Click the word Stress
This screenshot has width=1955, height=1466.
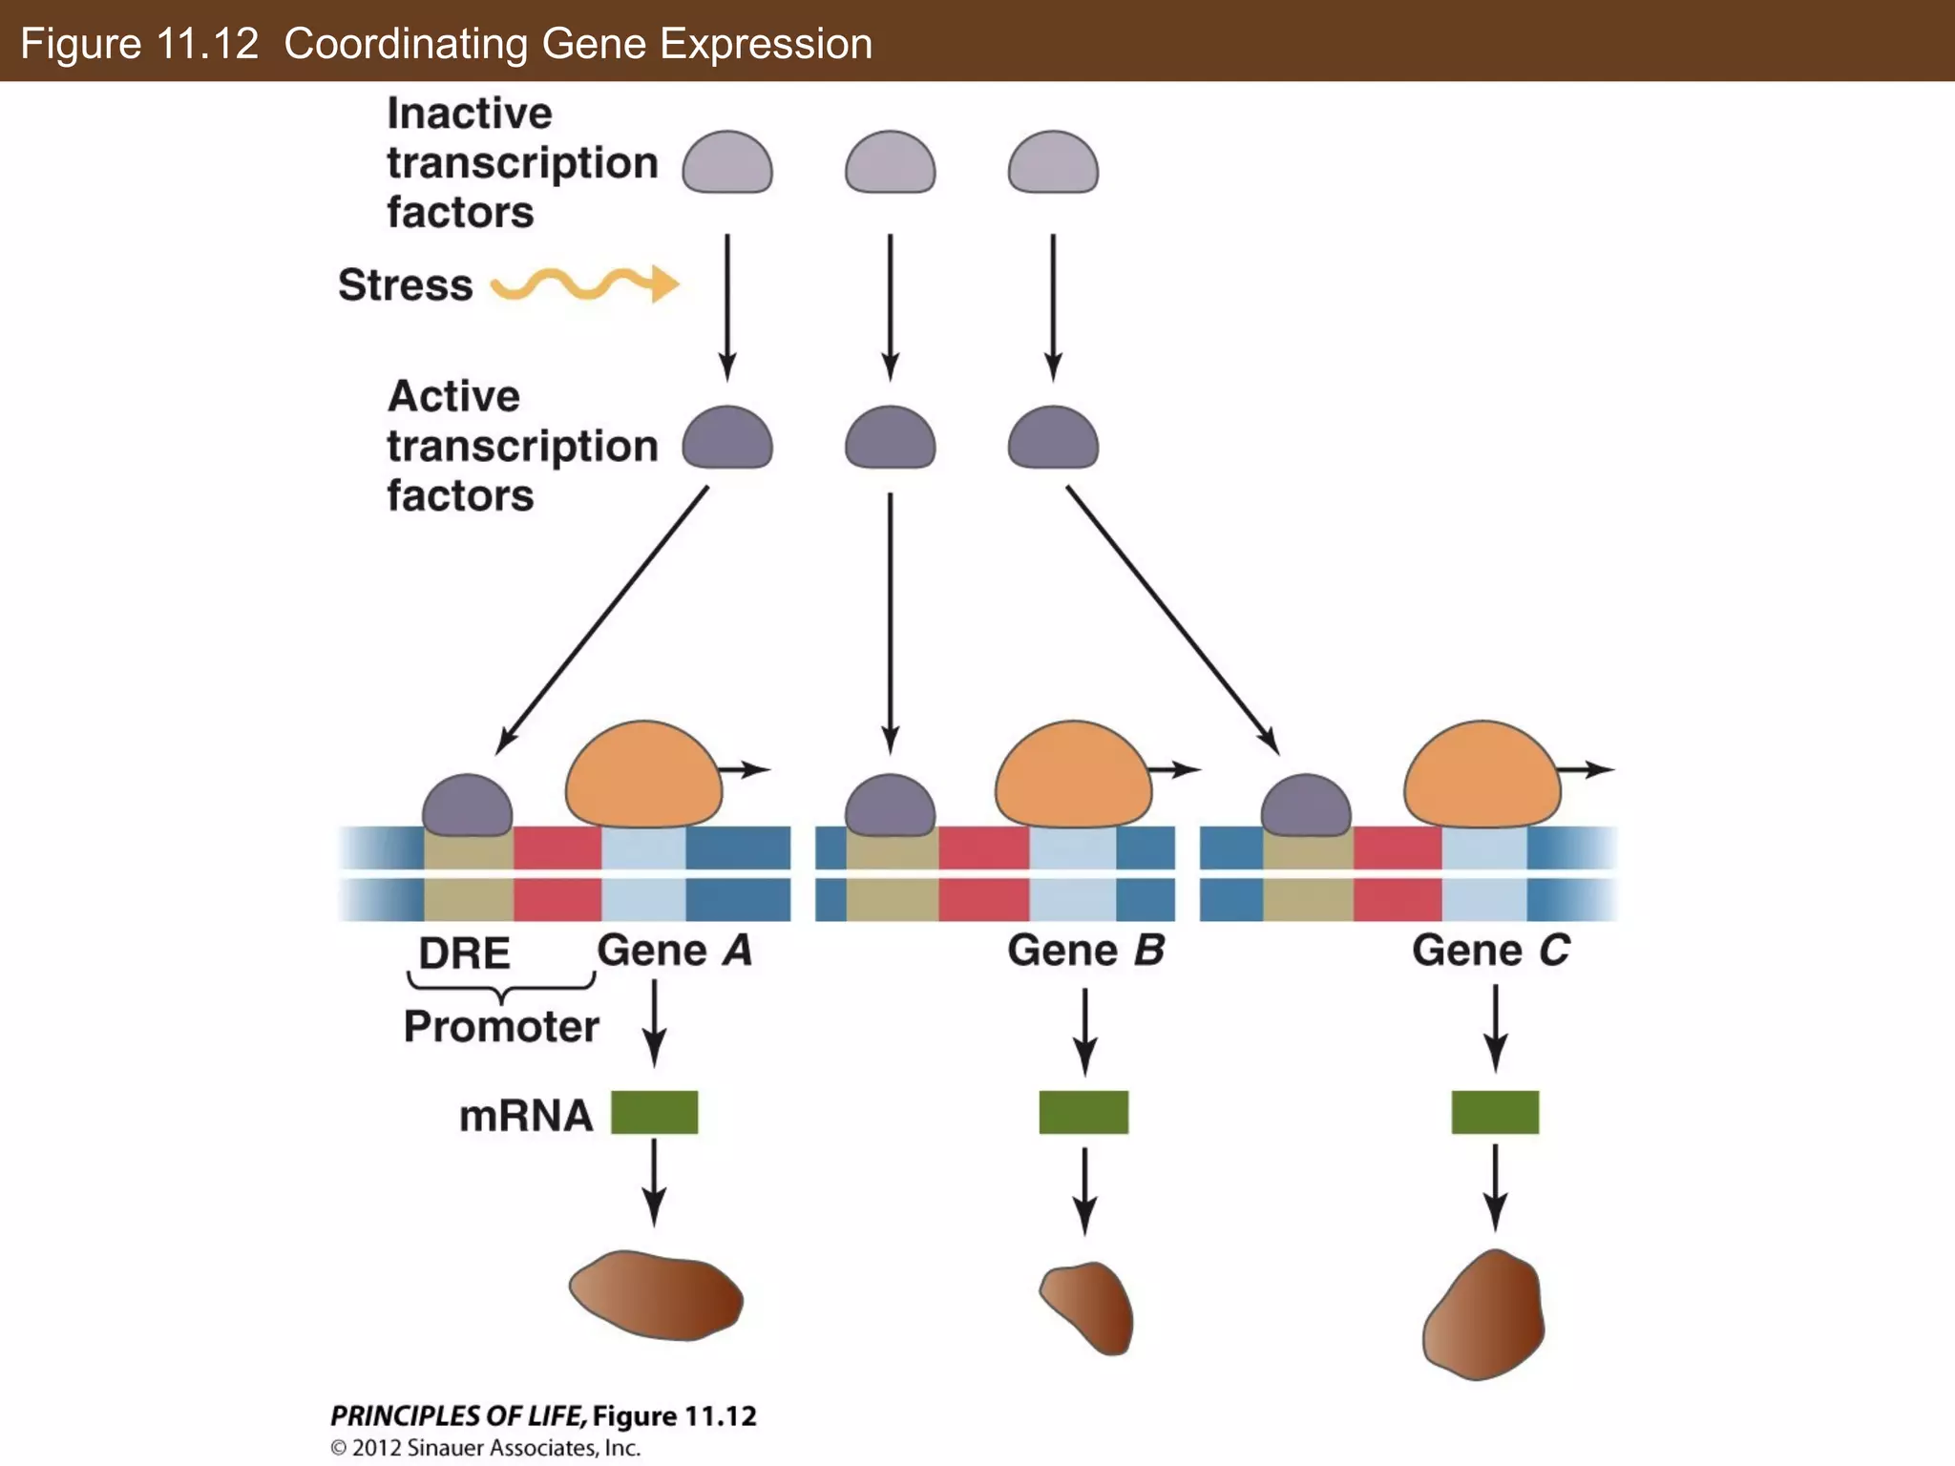click(x=406, y=284)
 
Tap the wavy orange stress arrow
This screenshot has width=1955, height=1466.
click(x=582, y=283)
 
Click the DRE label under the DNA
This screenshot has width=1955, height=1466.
click(x=464, y=953)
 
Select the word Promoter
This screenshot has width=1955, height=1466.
click(x=501, y=1027)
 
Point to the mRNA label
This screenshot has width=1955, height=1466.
click(x=525, y=1115)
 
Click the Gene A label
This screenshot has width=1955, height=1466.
click(x=674, y=951)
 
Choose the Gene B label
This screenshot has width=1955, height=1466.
click(x=1085, y=951)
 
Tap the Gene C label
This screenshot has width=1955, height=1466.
click(x=1490, y=951)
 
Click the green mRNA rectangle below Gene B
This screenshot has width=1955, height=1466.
click(x=1083, y=1112)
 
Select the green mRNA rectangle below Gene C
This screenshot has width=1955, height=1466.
click(x=1495, y=1112)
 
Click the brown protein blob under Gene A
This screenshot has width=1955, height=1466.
click(x=657, y=1295)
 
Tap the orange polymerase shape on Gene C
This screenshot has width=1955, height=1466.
click(x=1482, y=775)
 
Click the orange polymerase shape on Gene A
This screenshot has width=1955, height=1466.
click(x=643, y=775)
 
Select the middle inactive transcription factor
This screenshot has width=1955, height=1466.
click(x=890, y=164)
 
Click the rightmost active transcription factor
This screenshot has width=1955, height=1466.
click(x=1053, y=439)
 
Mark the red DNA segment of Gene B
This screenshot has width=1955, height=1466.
click(x=983, y=873)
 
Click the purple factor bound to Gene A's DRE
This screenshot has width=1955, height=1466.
click(x=467, y=806)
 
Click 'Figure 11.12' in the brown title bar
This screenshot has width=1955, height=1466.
click(x=139, y=44)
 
